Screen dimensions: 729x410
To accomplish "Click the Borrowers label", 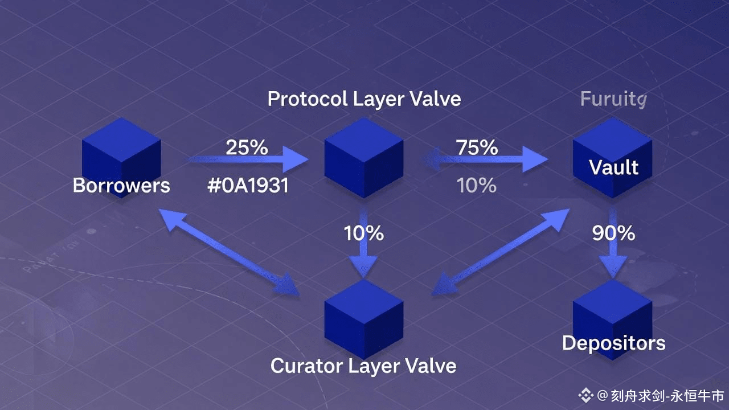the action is point(121,186).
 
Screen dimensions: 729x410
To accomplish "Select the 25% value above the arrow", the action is point(247,147).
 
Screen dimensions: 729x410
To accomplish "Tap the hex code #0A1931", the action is point(248,186).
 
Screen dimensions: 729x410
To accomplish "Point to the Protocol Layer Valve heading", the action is point(364,99).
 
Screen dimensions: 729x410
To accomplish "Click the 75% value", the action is point(477,147).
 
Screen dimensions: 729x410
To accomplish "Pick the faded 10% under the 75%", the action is point(477,186).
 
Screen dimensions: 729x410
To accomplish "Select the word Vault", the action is point(613,167).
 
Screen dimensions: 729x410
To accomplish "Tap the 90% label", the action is point(613,233).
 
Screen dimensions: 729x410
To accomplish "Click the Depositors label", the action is point(613,343).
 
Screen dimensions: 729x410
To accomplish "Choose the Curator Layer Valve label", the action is point(363,366).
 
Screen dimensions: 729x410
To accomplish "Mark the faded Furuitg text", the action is point(613,100).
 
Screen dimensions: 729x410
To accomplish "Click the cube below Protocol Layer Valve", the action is point(364,158).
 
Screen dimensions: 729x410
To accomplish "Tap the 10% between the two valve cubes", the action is point(363,233).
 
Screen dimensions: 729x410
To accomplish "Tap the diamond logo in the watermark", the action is point(585,395).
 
